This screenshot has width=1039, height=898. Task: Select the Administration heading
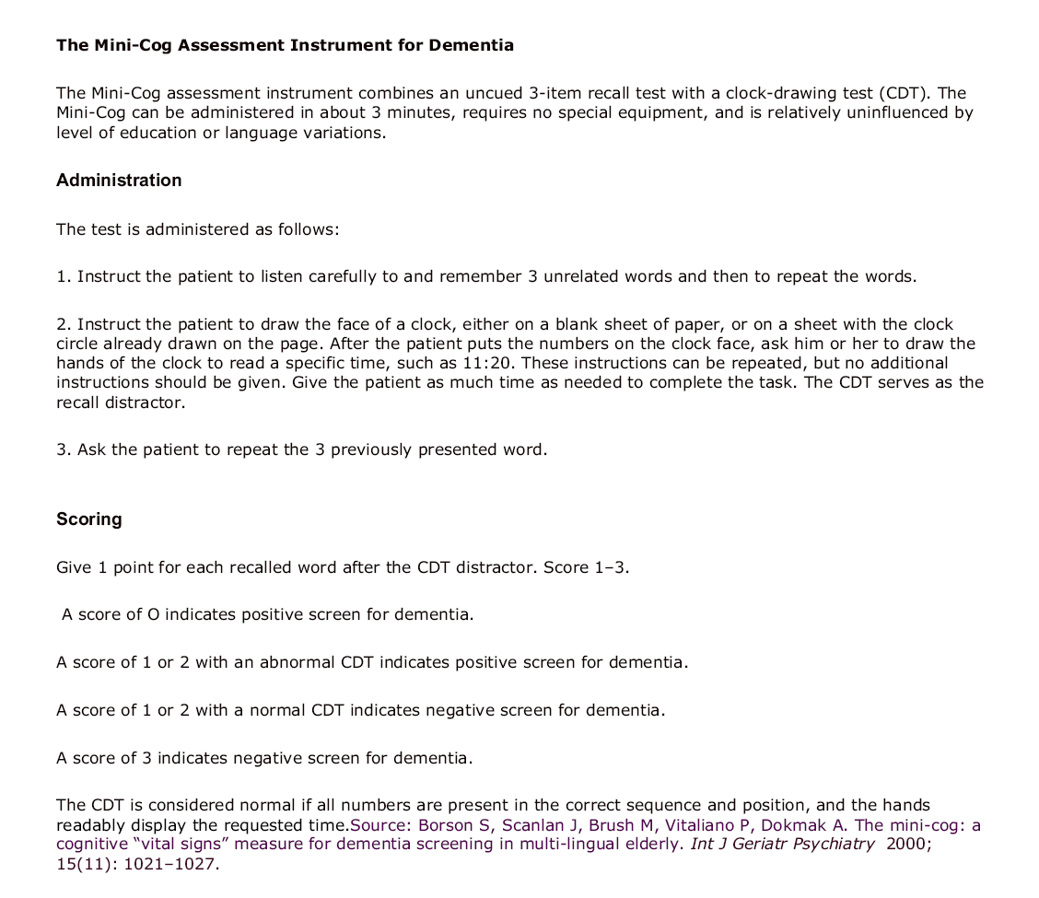point(119,181)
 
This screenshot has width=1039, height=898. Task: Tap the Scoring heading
point(88,519)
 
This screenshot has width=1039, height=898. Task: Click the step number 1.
point(62,276)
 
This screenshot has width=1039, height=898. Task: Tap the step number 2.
point(62,324)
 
